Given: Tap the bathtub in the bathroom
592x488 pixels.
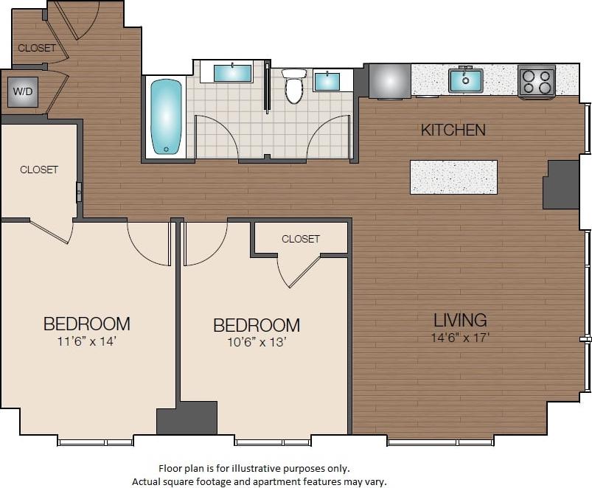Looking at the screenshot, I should tap(166, 116).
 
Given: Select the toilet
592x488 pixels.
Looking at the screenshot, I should tap(294, 86).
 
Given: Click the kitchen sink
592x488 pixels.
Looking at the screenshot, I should tap(466, 80).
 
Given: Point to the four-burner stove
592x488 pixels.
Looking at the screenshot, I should tap(537, 80).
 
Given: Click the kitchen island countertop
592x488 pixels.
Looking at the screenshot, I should tap(453, 177).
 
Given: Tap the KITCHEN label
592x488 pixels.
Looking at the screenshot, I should tap(453, 130).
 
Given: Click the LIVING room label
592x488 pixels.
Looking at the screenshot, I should tap(459, 320).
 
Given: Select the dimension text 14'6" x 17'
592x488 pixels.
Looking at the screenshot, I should tap(460, 338).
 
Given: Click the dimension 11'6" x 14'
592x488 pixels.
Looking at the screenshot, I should tap(87, 341).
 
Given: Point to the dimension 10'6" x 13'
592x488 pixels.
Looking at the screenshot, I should tap(257, 342).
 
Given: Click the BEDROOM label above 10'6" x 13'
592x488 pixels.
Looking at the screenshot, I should tap(257, 325).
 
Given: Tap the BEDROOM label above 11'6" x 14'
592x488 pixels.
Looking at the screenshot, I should tap(87, 324).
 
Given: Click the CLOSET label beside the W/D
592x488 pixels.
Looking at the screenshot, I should tap(36, 48).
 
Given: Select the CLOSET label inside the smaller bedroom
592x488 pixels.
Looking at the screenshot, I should tap(301, 239).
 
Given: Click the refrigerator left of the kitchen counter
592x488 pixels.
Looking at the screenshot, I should tap(389, 80).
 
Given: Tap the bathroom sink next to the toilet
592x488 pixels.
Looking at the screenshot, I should tap(327, 80).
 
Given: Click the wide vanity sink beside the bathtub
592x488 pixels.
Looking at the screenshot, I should tap(232, 72).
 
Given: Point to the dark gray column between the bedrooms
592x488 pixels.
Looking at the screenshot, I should tap(187, 418).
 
